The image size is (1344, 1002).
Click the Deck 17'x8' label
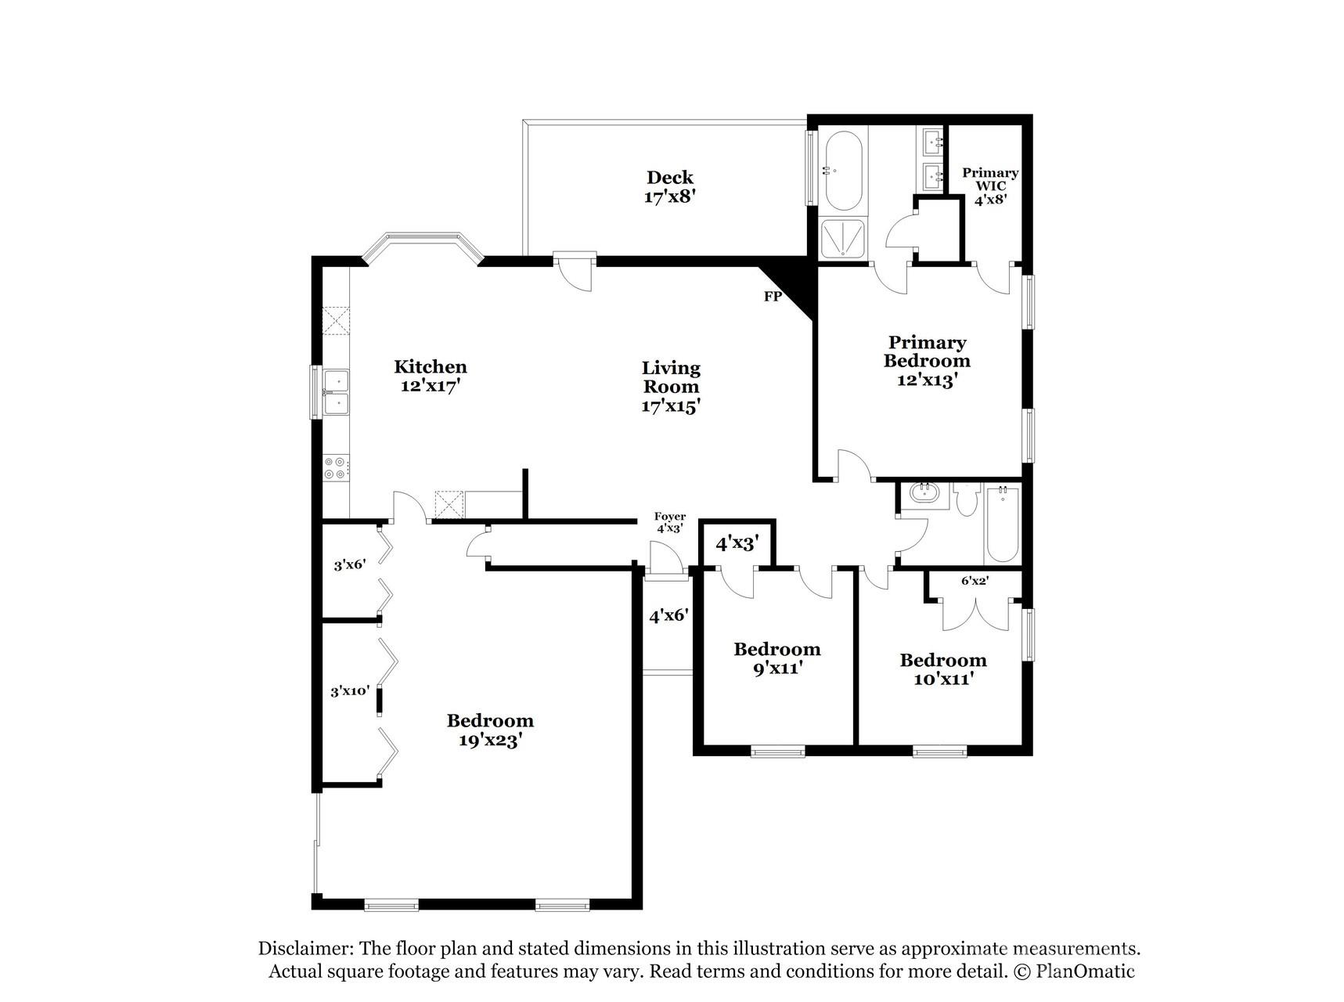[x=669, y=187]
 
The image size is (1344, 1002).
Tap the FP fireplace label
[x=773, y=297]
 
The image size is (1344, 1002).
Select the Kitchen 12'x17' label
[x=430, y=376]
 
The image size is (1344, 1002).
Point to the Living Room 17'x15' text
[x=671, y=387]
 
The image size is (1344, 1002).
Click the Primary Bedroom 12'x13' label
[x=927, y=361]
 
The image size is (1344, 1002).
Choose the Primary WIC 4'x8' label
[x=990, y=186]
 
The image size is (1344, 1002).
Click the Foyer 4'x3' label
[x=670, y=522]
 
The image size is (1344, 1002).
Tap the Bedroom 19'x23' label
[x=490, y=730]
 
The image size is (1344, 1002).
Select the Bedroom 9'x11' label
[x=776, y=658]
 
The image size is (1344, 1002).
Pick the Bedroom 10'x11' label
[x=942, y=669]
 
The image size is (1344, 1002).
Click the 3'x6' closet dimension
[x=349, y=564]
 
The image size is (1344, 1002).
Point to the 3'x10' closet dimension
[x=349, y=690]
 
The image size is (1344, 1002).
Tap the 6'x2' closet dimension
[x=975, y=581]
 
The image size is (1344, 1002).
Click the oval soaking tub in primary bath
[x=844, y=171]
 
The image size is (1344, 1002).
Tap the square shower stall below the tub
[x=843, y=238]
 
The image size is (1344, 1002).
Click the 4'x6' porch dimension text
[x=668, y=616]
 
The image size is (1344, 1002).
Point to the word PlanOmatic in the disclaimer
[x=1085, y=971]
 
